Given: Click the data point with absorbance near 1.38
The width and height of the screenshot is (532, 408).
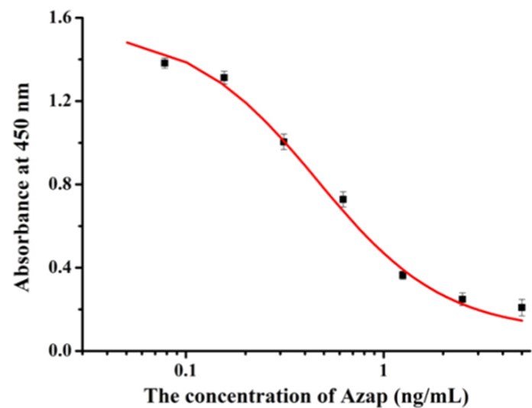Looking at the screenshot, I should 164,64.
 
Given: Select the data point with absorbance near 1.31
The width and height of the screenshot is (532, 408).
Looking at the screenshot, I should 224,77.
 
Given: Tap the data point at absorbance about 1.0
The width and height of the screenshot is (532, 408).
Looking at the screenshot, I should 284,142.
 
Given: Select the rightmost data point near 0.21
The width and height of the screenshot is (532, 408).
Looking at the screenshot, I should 521,308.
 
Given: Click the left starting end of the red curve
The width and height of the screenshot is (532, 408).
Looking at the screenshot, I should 127,42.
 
